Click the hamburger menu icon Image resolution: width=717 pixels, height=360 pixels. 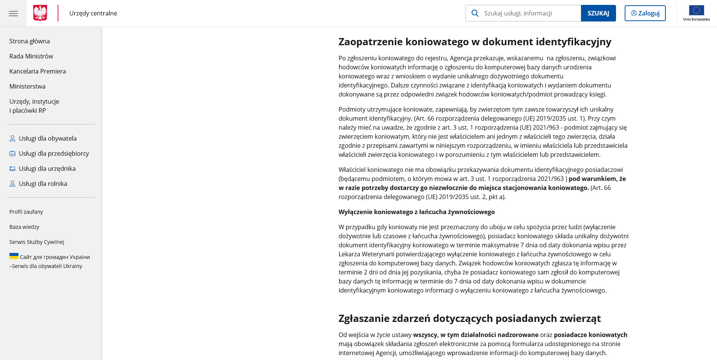click(x=13, y=14)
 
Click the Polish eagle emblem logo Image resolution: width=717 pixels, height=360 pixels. click(x=40, y=13)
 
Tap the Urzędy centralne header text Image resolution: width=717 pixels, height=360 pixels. click(x=93, y=13)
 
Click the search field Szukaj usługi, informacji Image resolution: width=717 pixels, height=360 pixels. click(x=531, y=13)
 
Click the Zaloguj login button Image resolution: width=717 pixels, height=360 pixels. click(x=645, y=13)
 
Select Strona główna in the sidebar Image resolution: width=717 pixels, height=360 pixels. click(x=29, y=41)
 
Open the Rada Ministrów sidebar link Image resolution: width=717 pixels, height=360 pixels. click(x=31, y=56)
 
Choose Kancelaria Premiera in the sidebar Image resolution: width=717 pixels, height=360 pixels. click(x=38, y=71)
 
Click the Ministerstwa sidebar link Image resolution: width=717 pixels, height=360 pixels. click(x=28, y=86)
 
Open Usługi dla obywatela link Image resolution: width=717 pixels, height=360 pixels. click(x=47, y=138)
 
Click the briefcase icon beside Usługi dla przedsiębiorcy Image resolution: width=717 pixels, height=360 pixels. click(x=12, y=153)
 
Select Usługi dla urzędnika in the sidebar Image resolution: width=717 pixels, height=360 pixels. click(x=47, y=169)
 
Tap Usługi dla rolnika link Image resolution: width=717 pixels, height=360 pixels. click(x=43, y=184)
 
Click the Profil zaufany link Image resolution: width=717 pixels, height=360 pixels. click(x=26, y=212)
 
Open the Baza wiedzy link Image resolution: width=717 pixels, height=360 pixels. click(x=24, y=227)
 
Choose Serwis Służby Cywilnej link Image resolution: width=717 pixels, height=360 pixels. click(x=37, y=242)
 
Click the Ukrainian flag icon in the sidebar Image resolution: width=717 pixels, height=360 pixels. click(x=14, y=256)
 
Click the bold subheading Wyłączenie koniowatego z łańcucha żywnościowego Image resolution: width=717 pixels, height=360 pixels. click(x=416, y=212)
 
